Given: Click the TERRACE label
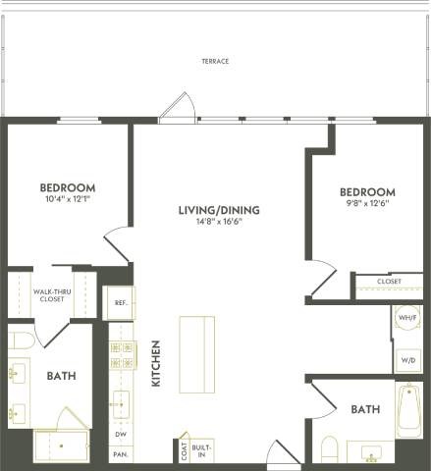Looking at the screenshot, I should point(215,61).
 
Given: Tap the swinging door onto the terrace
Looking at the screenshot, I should point(178,108).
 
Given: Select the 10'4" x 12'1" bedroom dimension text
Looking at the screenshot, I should point(68,200).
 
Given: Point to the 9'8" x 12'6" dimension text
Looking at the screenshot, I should point(367,204).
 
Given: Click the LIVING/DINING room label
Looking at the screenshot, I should point(211,209).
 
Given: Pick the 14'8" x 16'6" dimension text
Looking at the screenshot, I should point(211,221).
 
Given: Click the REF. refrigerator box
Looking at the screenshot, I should point(120,303).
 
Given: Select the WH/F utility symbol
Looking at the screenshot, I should point(406,319).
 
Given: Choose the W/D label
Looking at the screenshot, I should point(407,361).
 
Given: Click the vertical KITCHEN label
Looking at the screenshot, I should point(155,363).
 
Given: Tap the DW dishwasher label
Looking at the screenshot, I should point(120,434).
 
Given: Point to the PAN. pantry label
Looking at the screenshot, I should point(120,453).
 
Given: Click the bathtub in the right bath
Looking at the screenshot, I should point(408,410).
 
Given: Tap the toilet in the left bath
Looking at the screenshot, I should point(22,340).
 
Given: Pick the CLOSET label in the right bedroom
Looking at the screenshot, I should point(389,282).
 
